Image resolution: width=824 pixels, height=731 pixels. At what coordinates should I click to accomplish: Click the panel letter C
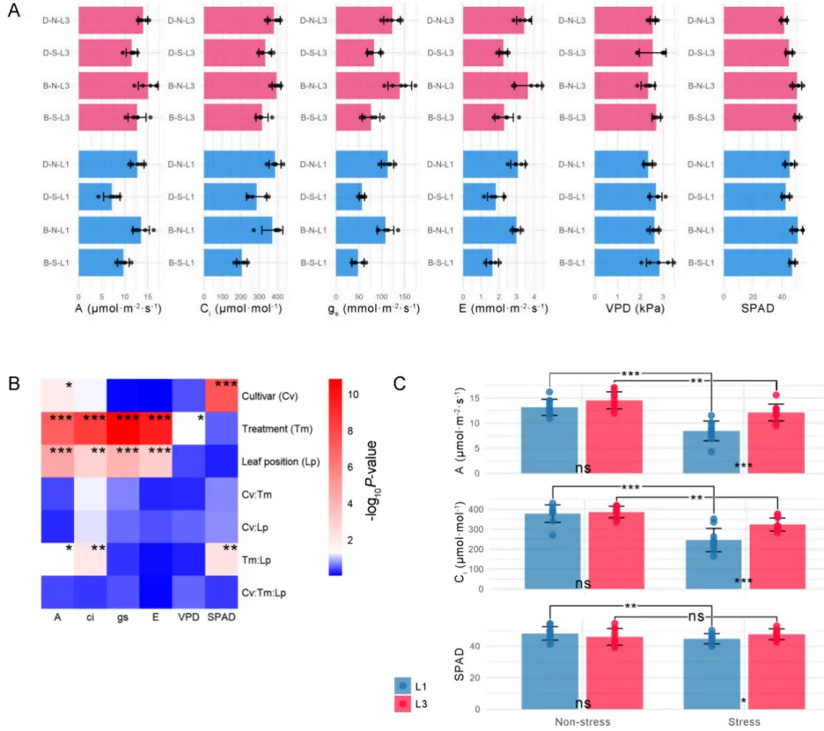pos(401,385)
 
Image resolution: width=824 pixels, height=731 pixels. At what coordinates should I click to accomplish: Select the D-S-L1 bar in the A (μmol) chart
pos(95,196)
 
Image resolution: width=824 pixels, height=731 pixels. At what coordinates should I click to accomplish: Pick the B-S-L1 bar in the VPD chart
pos(627,262)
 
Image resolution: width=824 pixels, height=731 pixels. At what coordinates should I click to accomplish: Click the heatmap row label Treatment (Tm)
pos(276,427)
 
